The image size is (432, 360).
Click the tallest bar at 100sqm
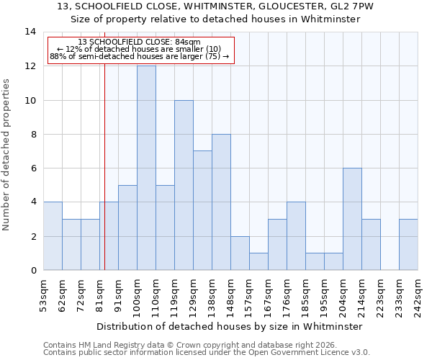click(x=146, y=168)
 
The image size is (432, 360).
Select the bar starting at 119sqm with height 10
click(x=184, y=185)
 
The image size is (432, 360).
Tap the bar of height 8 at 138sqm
click(x=221, y=202)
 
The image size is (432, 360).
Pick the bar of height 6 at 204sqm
click(x=352, y=219)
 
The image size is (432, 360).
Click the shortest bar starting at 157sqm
click(x=258, y=261)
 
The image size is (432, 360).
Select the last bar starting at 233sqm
click(x=408, y=245)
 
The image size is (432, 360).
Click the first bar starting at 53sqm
click(x=53, y=236)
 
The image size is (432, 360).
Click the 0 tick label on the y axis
click(x=32, y=271)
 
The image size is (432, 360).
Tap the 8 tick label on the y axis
click(x=32, y=135)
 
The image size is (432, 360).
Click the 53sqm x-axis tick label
click(x=43, y=295)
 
